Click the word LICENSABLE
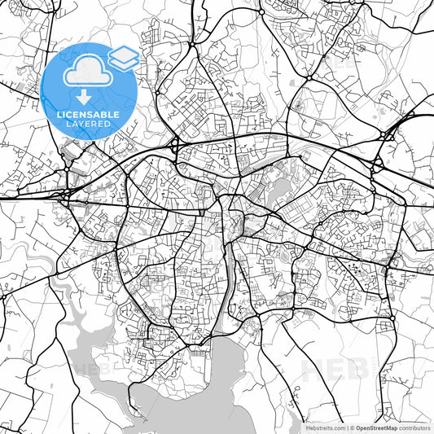point(88,114)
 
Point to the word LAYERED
point(88,124)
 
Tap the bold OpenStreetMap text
point(377,427)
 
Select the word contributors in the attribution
point(414,427)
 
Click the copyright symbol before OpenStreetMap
point(352,427)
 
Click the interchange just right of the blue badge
point(175,147)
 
